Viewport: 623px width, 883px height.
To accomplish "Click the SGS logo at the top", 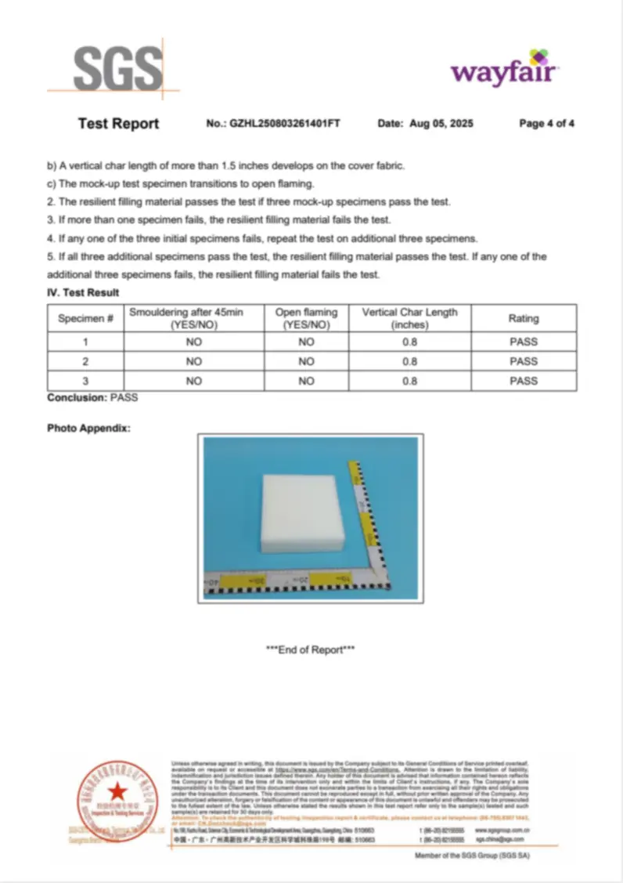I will tap(117, 69).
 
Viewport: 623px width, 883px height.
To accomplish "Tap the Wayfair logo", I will tap(503, 71).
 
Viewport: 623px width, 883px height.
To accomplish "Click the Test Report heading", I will tap(118, 124).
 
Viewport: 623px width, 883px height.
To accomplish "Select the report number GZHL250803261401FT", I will tap(285, 124).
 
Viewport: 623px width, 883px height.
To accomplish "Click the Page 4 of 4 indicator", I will tap(547, 124).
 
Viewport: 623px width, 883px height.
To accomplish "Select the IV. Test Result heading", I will tap(83, 293).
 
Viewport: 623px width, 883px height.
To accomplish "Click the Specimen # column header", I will tap(85, 319).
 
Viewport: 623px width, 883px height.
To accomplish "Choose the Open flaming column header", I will tap(306, 319).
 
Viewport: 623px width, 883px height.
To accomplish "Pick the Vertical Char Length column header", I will tap(409, 319).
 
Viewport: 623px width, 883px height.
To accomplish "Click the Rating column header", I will tap(524, 319).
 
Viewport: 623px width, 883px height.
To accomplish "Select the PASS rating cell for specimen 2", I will tap(524, 362).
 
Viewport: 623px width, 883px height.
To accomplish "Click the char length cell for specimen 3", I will tap(409, 381).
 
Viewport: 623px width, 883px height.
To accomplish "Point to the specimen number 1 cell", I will tap(85, 342).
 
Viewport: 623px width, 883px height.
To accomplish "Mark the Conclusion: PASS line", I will tap(92, 397).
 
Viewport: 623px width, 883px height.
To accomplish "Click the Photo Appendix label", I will tap(88, 429).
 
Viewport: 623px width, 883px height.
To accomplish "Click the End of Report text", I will tap(311, 650).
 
